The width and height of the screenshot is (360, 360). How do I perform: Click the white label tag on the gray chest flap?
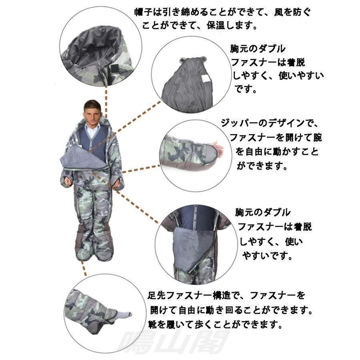click(x=206, y=79)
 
